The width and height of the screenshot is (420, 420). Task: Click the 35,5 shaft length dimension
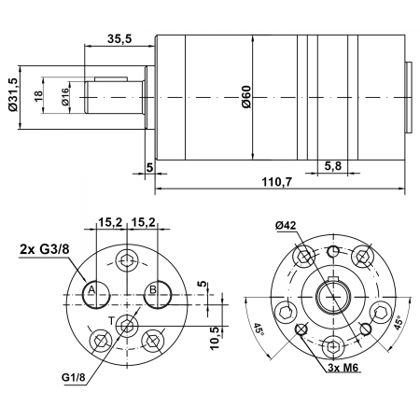pos(118,40)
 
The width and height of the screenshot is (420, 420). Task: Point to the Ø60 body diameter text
pos(246,97)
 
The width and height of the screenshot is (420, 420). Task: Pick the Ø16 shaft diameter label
pos(66,97)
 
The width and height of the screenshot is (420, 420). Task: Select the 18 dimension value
pos(38,96)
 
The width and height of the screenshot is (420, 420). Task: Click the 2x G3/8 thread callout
pos(43,249)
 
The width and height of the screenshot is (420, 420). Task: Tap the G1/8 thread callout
pos(75,377)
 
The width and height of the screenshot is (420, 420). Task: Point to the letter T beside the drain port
pos(111,320)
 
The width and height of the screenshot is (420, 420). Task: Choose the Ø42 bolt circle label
pos(286,225)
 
